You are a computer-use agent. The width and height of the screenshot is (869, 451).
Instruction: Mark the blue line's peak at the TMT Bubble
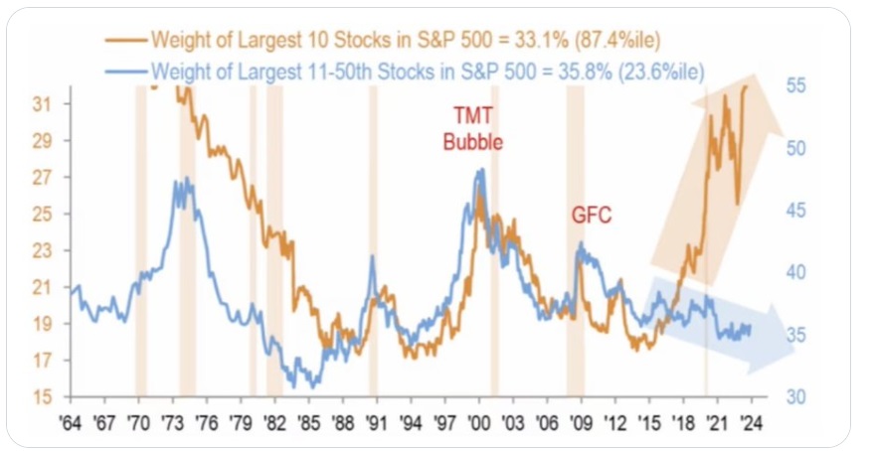(x=481, y=170)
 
